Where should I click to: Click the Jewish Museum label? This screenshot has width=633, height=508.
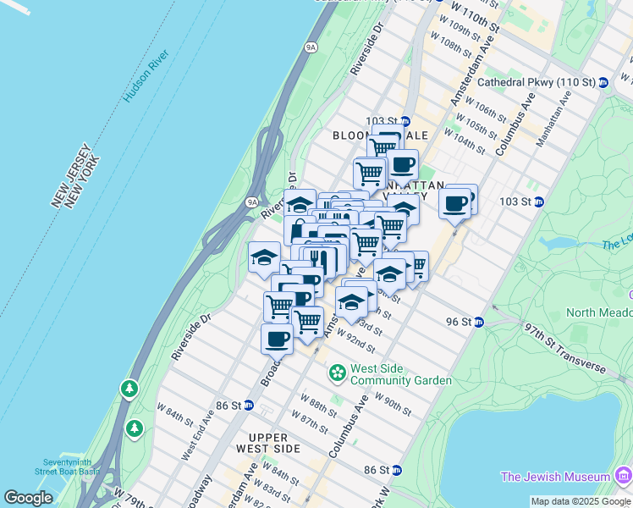555,477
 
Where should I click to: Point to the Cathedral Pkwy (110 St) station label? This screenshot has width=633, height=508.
537,82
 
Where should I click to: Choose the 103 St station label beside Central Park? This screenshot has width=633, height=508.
520,202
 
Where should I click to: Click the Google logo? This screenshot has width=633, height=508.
28,498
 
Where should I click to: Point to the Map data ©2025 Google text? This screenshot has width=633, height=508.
581,501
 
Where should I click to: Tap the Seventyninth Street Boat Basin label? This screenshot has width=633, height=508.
70,466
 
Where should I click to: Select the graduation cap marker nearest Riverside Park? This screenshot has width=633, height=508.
264,257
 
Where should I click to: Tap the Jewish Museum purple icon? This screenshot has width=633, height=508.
625,477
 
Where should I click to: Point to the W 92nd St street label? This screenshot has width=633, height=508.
355,340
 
